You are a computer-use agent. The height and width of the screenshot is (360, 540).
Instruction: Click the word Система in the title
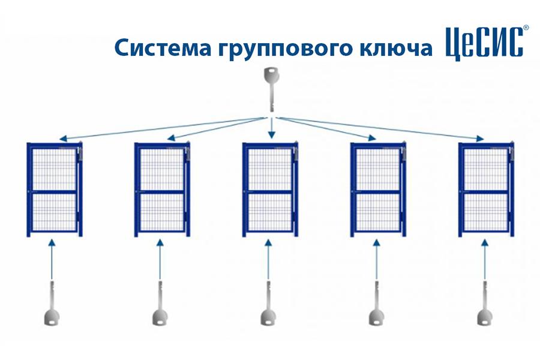pyautogui.click(x=163, y=47)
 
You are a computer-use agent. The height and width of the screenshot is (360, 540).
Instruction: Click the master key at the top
pyautogui.click(x=271, y=89)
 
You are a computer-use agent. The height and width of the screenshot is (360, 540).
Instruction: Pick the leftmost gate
pyautogui.click(x=55, y=189)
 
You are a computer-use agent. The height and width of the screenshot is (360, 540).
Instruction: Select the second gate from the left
pyautogui.click(x=162, y=189)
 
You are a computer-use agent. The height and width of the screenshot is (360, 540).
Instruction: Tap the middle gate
pyautogui.click(x=271, y=189)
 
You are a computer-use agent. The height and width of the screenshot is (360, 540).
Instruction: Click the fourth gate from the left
pyautogui.click(x=378, y=189)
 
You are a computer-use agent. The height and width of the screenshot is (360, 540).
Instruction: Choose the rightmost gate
pyautogui.click(x=486, y=189)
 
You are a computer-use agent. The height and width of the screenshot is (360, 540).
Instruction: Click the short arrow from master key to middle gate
pyautogui.click(x=272, y=128)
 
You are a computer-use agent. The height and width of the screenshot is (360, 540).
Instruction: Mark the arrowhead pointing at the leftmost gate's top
pyautogui.click(x=63, y=139)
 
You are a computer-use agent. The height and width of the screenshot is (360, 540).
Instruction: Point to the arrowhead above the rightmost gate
pyautogui.click(x=480, y=138)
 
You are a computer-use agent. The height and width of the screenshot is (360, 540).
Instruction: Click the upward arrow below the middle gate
pyautogui.click(x=268, y=259)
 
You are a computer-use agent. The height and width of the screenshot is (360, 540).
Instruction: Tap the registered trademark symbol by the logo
pyautogui.click(x=526, y=28)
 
